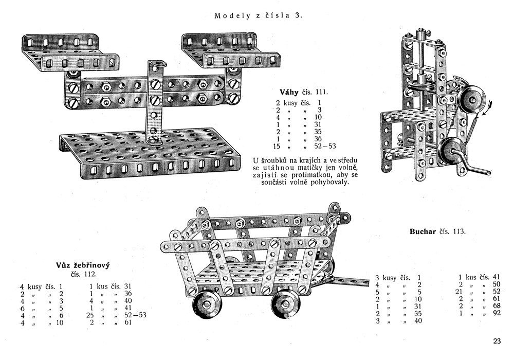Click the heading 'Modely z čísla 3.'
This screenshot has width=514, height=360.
[x=258, y=15]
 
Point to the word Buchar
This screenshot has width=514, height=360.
[x=423, y=231]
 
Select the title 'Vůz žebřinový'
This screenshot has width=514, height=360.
[x=83, y=265]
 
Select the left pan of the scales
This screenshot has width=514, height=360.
[x=69, y=51]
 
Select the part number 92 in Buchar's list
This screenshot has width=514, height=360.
[x=495, y=313]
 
